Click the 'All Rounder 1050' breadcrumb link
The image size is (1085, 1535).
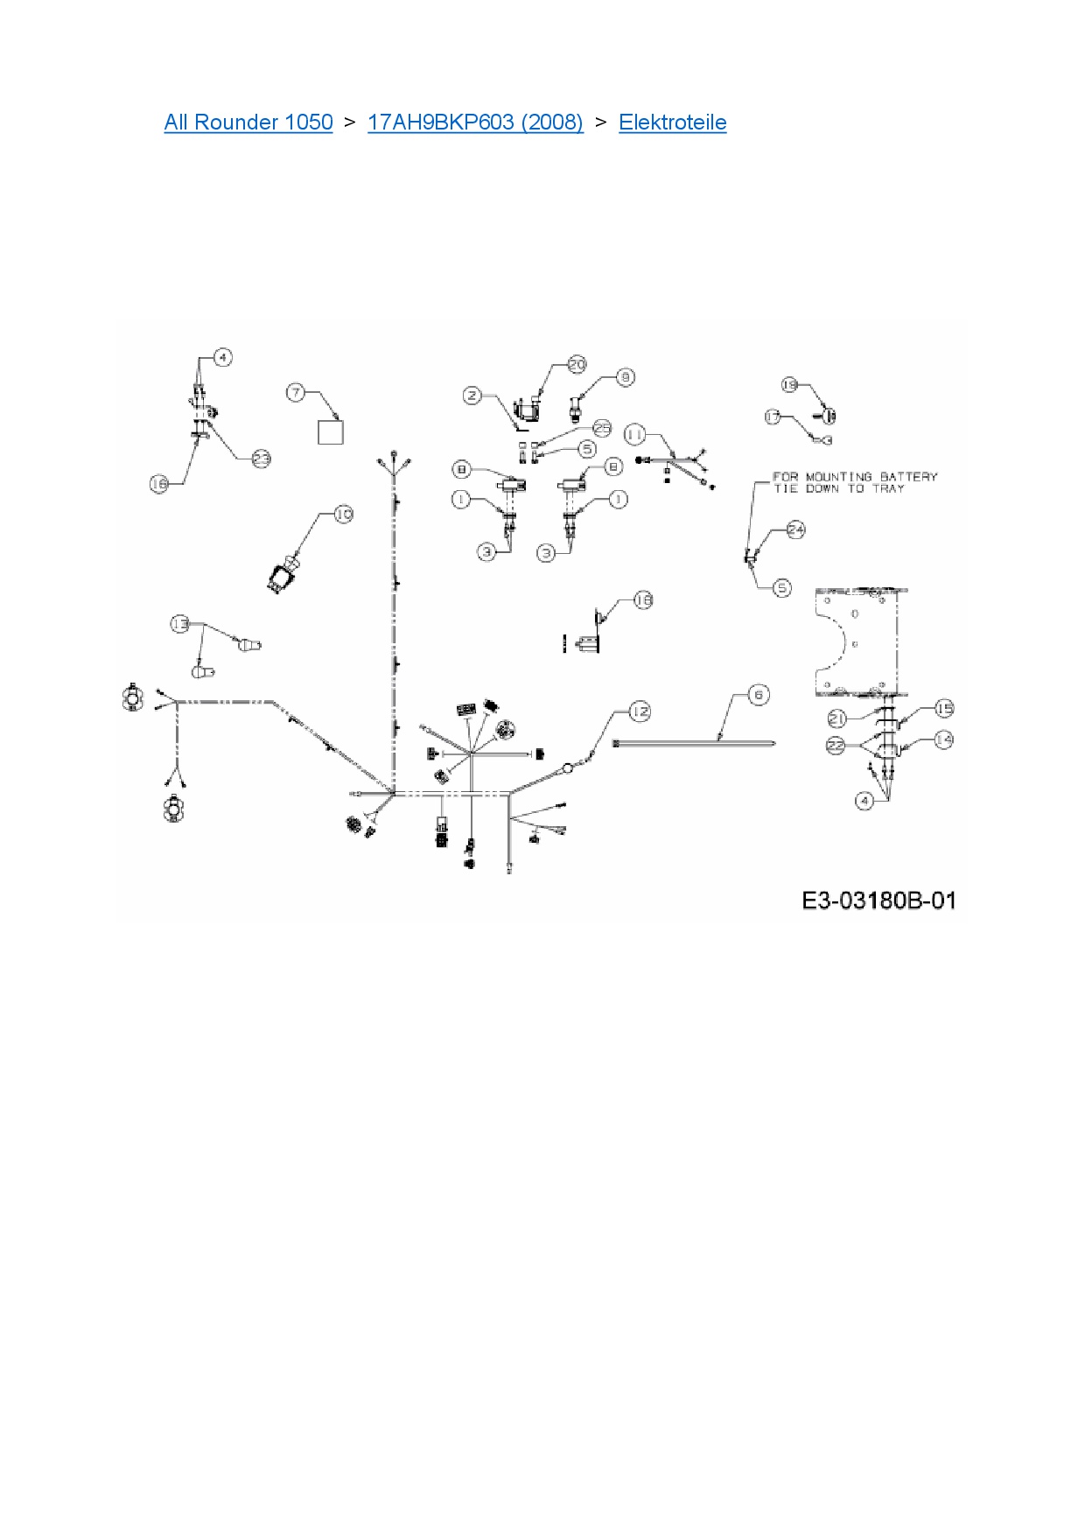(x=248, y=123)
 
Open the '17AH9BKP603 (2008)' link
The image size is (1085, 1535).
(x=475, y=123)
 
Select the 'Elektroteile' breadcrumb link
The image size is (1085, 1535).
(x=672, y=123)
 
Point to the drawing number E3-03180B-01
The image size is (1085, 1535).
(x=878, y=901)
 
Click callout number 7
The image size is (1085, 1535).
(x=297, y=392)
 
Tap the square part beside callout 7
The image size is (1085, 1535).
(x=330, y=432)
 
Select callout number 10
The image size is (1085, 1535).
(x=344, y=514)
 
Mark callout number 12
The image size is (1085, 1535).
(x=640, y=711)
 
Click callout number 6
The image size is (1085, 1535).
(x=759, y=695)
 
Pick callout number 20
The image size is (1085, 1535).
(x=577, y=364)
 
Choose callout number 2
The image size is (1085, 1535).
(x=472, y=396)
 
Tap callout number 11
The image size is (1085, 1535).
(x=634, y=434)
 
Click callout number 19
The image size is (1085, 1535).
(x=789, y=385)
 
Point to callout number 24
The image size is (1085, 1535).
(x=795, y=529)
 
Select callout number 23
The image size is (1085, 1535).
(x=261, y=459)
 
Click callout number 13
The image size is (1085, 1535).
(x=179, y=624)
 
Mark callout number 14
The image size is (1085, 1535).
(x=943, y=739)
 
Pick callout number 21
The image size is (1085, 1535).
(x=837, y=718)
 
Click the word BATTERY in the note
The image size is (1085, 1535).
(x=908, y=477)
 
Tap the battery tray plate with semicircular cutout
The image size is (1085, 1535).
(x=857, y=641)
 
